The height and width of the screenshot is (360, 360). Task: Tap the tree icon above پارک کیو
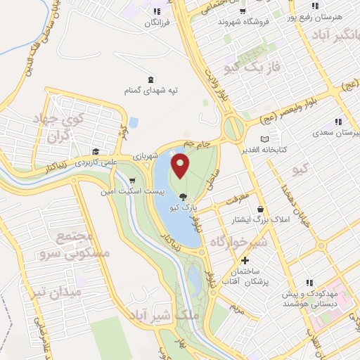[x=184, y=198]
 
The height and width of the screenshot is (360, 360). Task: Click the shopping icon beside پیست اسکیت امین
[x=131, y=180]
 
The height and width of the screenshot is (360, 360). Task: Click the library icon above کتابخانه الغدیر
[x=264, y=139]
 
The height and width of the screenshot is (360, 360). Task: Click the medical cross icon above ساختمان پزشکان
[x=244, y=262]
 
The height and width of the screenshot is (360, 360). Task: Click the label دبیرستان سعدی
[x=338, y=131]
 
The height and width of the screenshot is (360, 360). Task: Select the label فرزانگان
[x=157, y=22]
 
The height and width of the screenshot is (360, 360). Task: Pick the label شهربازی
[x=144, y=156]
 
